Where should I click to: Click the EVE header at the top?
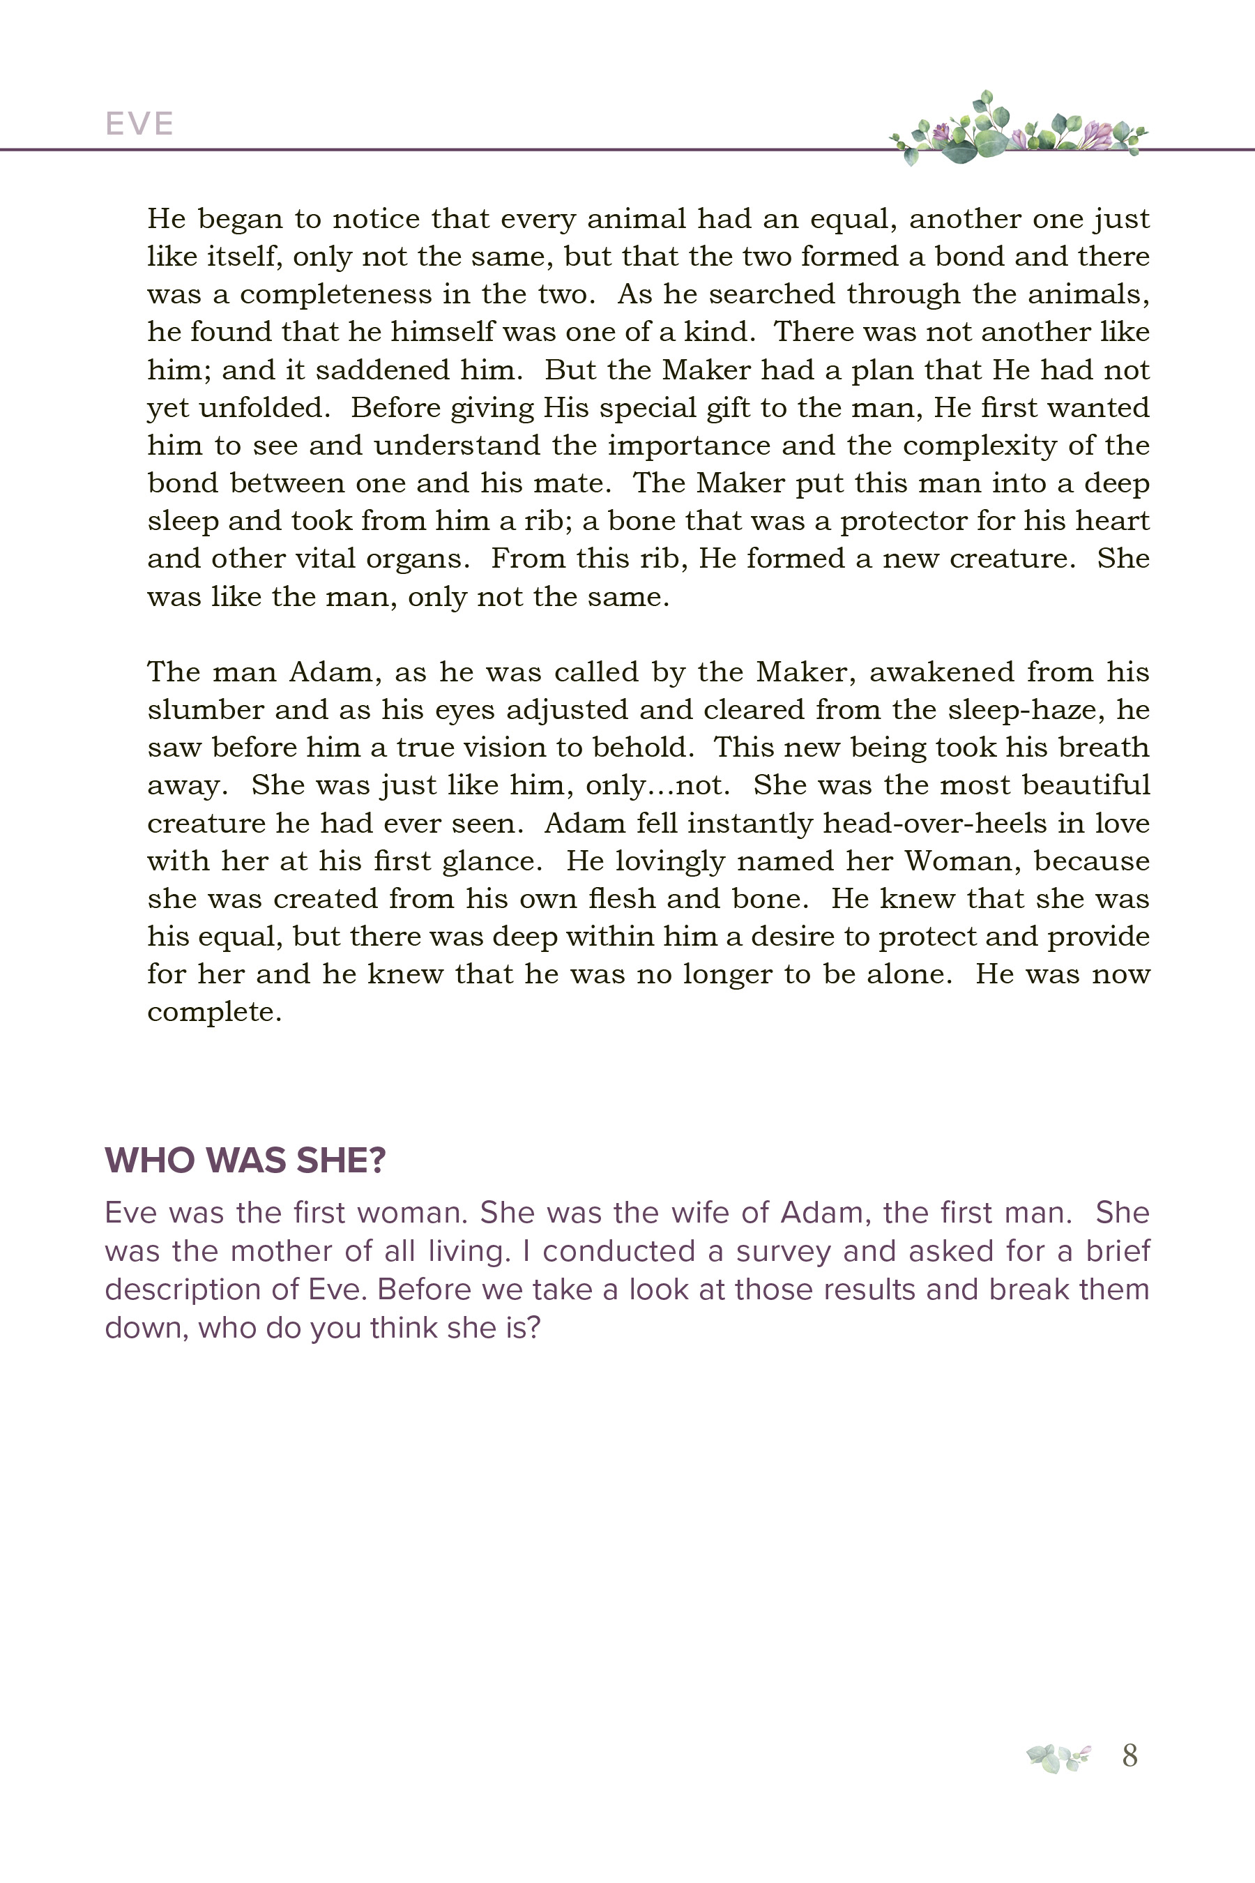139,124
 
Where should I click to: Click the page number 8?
1129,1755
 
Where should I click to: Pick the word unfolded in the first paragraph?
264,407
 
